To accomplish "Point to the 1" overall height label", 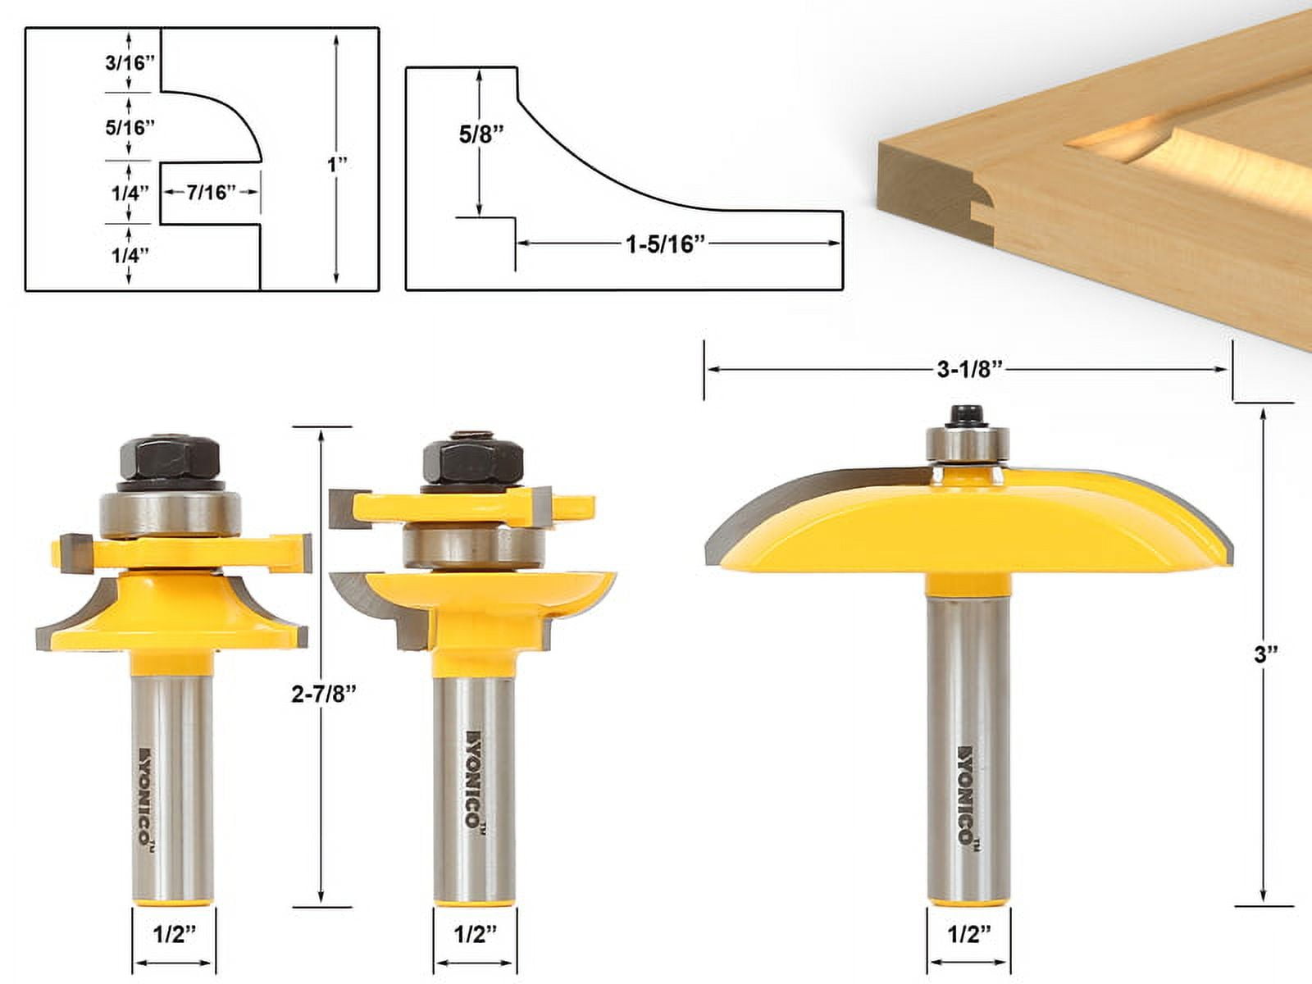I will click(337, 165).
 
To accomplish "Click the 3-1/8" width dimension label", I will click(970, 370).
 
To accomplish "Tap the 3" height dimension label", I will click(1266, 654).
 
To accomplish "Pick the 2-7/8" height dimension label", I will click(324, 694).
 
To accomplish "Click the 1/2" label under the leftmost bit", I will click(174, 934).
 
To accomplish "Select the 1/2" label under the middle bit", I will click(476, 934).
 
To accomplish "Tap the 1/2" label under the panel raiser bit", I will click(969, 934).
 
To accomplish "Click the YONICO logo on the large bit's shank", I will click(968, 795).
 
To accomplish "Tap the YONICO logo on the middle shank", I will click(473, 779).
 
